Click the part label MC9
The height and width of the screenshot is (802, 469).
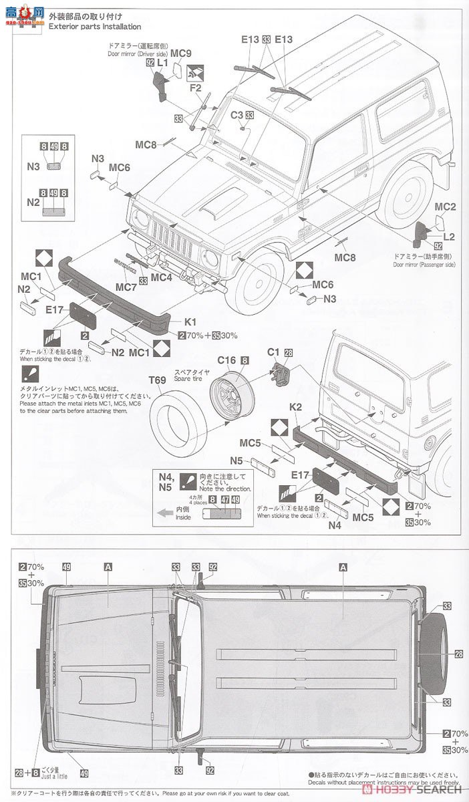[180, 53]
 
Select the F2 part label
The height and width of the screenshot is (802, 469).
[195, 87]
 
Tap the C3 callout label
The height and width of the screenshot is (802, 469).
[236, 115]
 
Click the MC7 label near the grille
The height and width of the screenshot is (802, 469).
[127, 287]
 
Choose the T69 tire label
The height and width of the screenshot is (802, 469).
[157, 380]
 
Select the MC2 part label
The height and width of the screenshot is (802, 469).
[445, 207]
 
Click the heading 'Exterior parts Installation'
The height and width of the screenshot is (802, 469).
[94, 27]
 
